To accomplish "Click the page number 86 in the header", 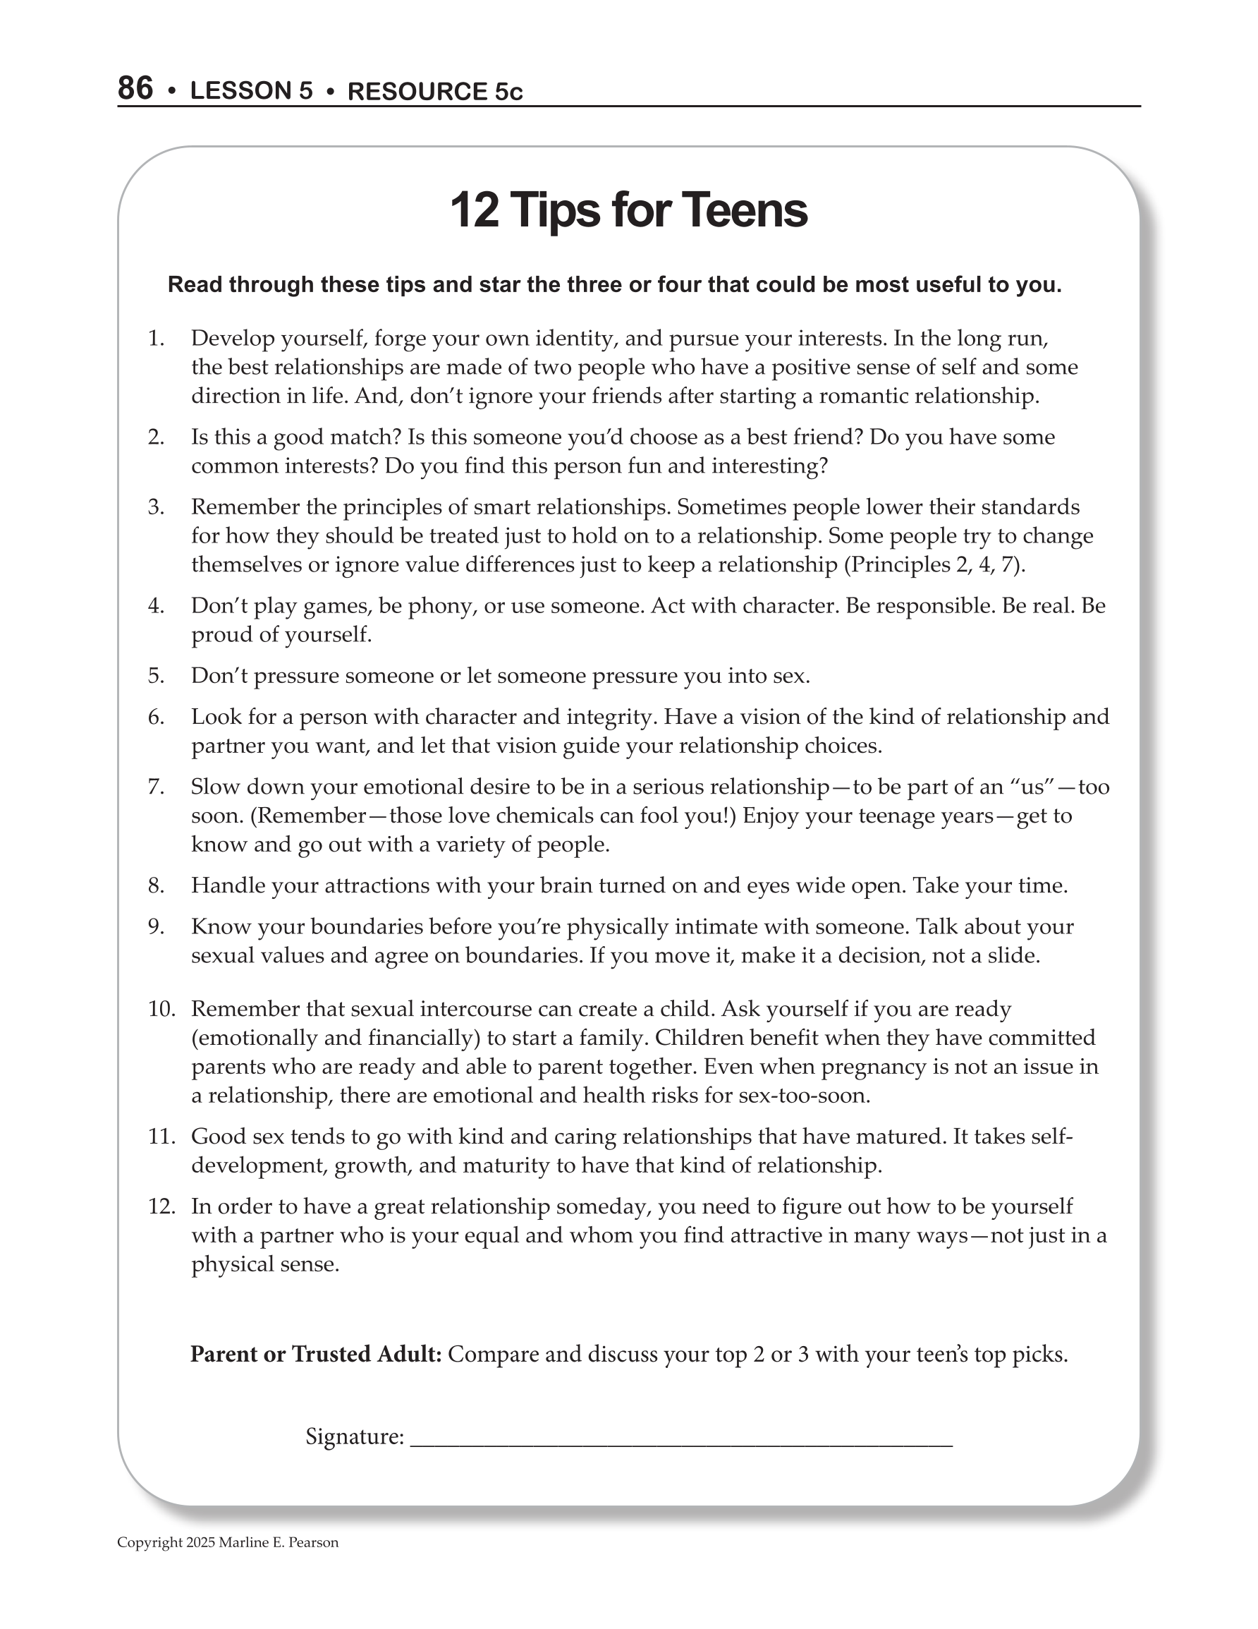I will tap(135, 88).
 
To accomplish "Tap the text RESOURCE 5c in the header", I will tap(435, 91).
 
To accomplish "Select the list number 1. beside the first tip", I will tap(156, 339).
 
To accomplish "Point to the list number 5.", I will tap(156, 676).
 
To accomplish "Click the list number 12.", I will tap(161, 1206).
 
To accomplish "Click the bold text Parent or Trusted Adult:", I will tap(316, 1354).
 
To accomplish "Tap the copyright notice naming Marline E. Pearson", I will tap(228, 1542).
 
